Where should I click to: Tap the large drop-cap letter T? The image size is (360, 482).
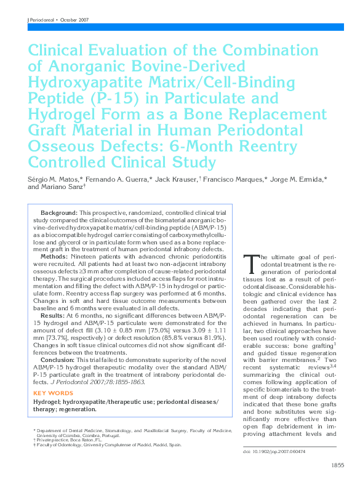point(250,263)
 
